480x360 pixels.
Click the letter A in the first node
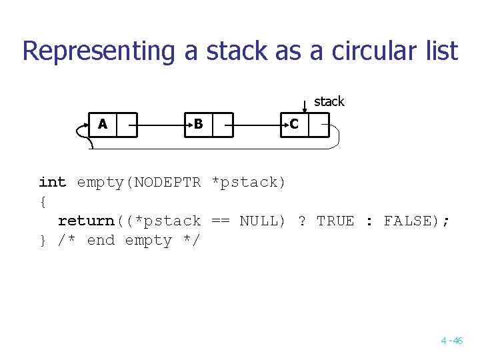(103, 124)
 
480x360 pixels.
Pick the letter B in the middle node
(198, 124)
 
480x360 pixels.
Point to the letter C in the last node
(294, 124)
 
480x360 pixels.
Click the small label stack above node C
(329, 101)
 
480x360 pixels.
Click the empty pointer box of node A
(127, 125)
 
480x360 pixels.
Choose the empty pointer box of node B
(222, 125)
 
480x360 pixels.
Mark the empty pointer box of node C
(319, 125)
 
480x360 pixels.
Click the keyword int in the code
(52, 182)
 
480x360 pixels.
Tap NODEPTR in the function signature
(167, 182)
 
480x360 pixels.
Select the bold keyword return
(86, 221)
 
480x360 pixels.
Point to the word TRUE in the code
(335, 221)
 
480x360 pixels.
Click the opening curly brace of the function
(43, 201)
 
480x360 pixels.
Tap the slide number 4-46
(451, 341)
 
